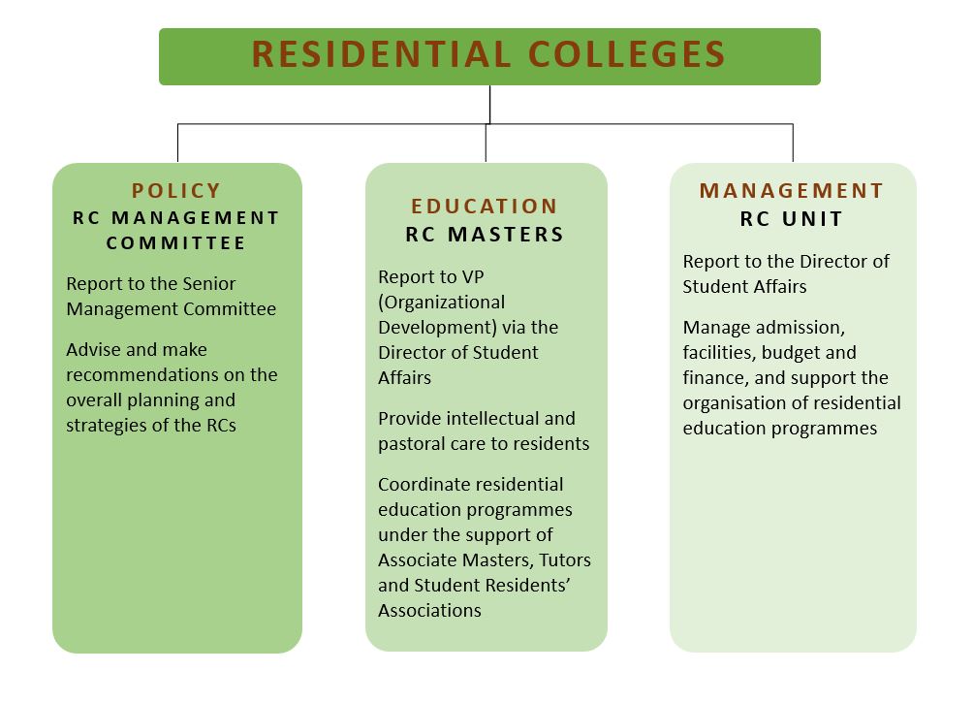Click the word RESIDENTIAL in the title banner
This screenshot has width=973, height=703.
tap(381, 54)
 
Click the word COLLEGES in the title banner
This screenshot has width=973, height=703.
tap(627, 54)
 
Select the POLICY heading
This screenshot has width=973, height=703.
tap(176, 191)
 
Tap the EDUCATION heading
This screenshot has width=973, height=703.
tap(485, 207)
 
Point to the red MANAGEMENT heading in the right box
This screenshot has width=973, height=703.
tap(792, 191)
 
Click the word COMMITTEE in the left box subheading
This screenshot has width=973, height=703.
tap(176, 242)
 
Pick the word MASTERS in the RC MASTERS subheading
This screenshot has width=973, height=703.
tap(506, 234)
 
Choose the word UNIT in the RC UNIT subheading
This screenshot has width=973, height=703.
tap(812, 218)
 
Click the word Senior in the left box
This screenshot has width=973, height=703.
tap(209, 284)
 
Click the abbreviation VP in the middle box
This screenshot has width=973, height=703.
tap(472, 277)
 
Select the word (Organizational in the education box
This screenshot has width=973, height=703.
tap(442, 303)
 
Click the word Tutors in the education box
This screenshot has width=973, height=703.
tap(565, 560)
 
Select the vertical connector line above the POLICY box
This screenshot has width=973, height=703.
tap(178, 143)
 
